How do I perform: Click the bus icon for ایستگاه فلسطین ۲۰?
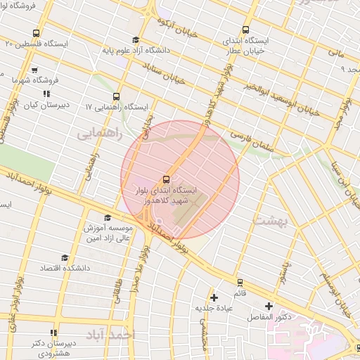[x=36, y=33]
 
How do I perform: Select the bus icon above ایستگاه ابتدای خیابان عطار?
[x=245, y=30]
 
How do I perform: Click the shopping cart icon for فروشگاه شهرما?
[x=34, y=70]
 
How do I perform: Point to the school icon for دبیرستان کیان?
[x=46, y=94]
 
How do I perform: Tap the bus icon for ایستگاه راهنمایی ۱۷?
[x=116, y=98]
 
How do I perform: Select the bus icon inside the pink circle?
[x=166, y=179]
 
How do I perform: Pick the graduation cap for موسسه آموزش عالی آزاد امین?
[x=107, y=218]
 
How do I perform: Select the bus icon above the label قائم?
[x=239, y=282]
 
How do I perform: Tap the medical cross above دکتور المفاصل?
[x=269, y=306]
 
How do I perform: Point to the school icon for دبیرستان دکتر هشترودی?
[x=53, y=333]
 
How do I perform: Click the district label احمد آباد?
[x=110, y=335]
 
